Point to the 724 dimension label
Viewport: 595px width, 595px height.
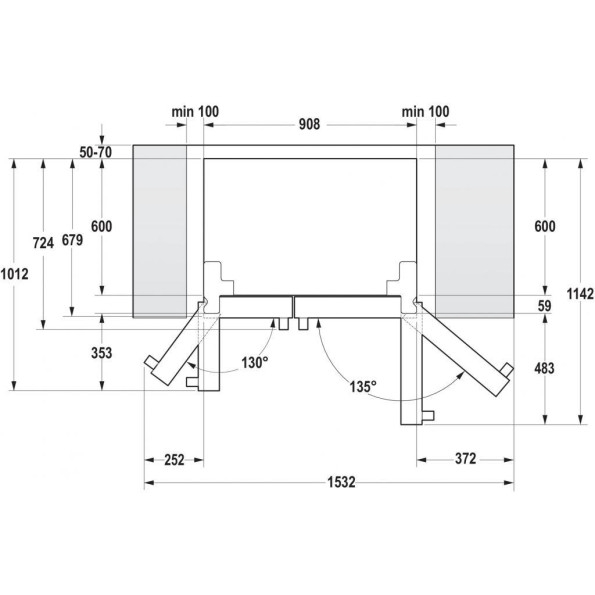coord(43,243)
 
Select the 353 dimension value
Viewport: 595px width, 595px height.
coord(101,353)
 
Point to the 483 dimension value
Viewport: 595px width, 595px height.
coord(544,369)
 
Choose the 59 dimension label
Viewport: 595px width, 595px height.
coord(544,306)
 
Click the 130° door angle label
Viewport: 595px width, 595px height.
coord(253,362)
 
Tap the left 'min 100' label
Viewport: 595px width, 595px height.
coord(195,110)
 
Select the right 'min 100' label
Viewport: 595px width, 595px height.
coord(425,110)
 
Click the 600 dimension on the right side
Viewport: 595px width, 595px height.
coord(544,227)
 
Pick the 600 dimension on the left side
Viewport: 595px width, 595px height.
coord(101,227)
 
